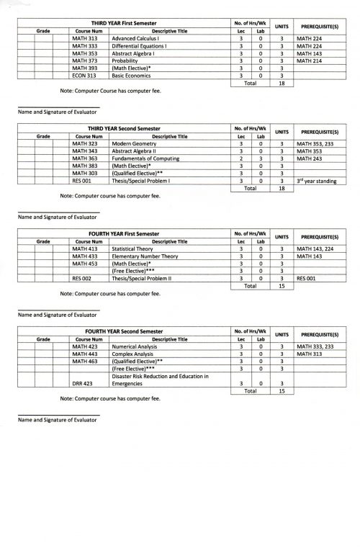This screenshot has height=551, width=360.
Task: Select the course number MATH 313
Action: coord(85,37)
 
